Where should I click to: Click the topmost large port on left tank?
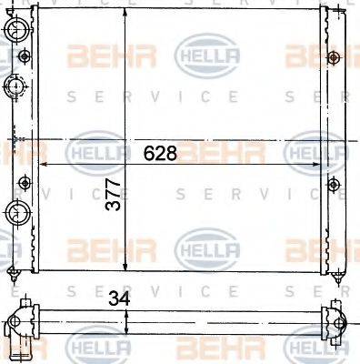click(x=15, y=32)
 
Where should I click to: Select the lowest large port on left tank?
click(x=15, y=214)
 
